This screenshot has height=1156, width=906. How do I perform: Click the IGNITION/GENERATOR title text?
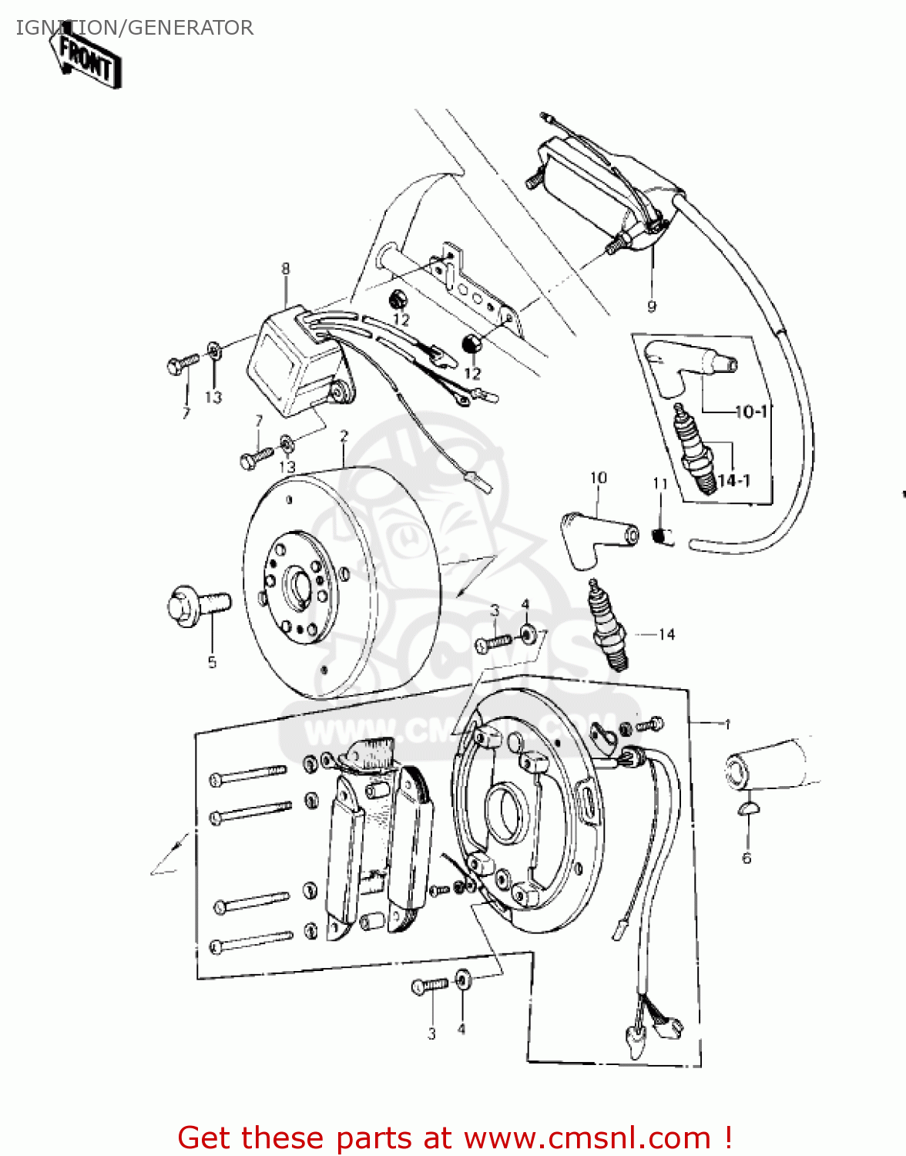point(134,28)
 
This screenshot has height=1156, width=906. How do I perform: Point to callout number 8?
point(286,269)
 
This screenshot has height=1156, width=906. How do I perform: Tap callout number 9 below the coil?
point(652,307)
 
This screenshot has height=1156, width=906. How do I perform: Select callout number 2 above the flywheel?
point(344,436)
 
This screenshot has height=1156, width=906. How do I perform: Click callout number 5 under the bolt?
point(212,662)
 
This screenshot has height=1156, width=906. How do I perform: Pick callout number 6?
point(746,859)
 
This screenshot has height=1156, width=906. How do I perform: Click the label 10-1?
point(750,412)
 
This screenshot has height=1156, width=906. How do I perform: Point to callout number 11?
point(659,484)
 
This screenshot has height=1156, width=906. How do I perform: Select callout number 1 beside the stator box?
point(726,724)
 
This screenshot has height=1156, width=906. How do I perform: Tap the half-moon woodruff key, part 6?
point(746,808)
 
